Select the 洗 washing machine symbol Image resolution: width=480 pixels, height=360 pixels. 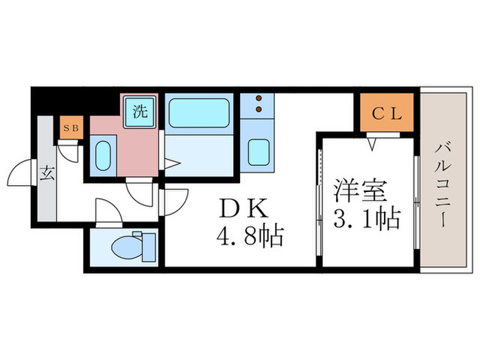(141, 110)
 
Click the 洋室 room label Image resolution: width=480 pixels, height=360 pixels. (361, 189)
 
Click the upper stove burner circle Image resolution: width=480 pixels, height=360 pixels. (259, 99)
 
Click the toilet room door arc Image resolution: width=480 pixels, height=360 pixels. (108, 209)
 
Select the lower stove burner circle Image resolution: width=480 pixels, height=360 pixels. (259, 108)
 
